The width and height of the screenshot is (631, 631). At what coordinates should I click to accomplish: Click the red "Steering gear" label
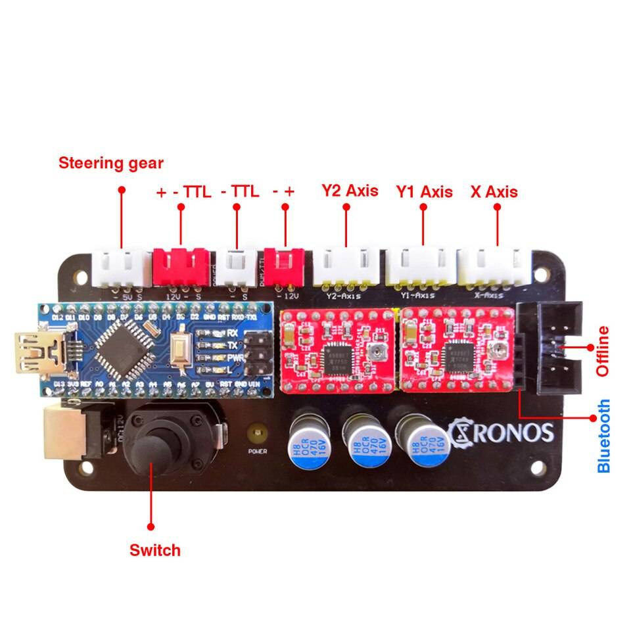(111, 163)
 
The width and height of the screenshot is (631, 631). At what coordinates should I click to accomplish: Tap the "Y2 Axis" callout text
(350, 191)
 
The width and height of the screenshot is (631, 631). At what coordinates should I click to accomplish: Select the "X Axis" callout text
(494, 192)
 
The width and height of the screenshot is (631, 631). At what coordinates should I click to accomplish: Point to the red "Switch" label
(155, 549)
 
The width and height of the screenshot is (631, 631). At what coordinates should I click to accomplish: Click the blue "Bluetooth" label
(604, 436)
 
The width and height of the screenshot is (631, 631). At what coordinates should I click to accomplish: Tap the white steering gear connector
(121, 268)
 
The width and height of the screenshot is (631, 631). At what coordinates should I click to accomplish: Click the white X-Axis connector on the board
(493, 267)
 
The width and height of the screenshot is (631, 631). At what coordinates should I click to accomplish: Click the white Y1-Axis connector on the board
(420, 267)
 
